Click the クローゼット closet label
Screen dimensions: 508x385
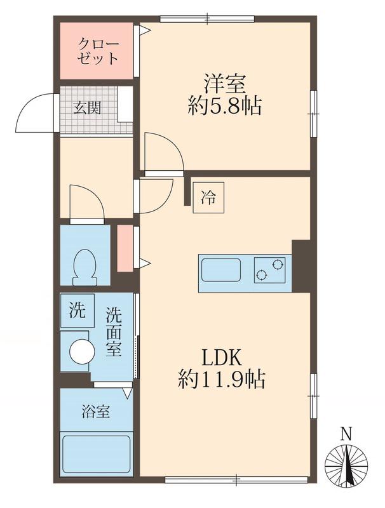(x=97, y=51)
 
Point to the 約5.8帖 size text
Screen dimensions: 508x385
(x=224, y=106)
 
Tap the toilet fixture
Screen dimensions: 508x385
(x=84, y=267)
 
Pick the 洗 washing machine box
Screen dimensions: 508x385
(x=77, y=311)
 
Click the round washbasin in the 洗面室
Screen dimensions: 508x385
(x=82, y=351)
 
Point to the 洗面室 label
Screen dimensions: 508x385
(x=114, y=331)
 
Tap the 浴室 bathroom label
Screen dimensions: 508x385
(x=95, y=411)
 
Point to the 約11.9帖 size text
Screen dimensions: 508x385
(x=222, y=380)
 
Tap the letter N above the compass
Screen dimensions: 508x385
(x=346, y=435)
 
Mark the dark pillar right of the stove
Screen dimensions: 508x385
(x=301, y=265)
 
